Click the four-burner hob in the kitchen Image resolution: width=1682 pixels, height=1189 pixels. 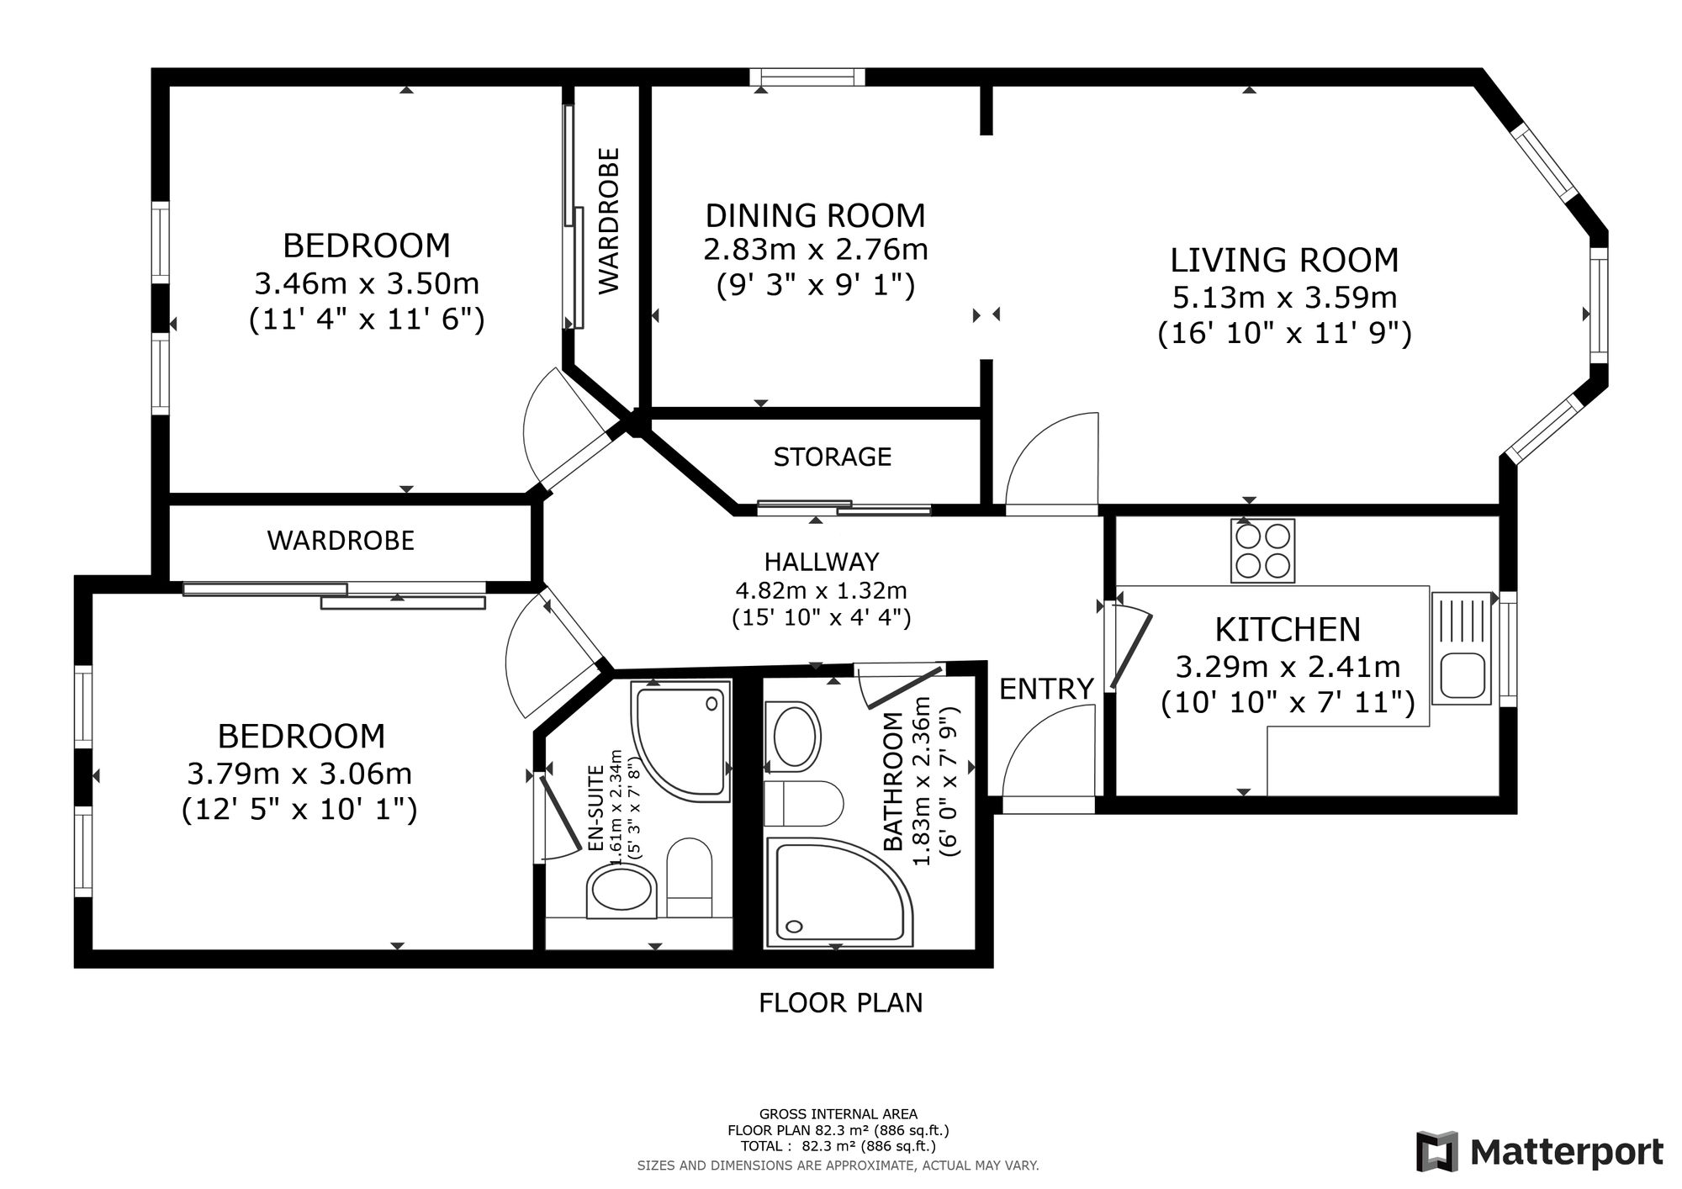tap(1262, 551)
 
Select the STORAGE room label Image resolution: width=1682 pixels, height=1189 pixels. tap(832, 457)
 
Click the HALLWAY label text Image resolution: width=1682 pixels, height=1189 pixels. tap(821, 561)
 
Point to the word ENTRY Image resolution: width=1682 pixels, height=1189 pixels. tap(1046, 689)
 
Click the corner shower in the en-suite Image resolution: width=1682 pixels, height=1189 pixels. tap(680, 740)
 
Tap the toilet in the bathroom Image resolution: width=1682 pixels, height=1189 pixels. tap(803, 804)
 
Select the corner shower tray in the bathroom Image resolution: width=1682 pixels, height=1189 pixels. tap(841, 891)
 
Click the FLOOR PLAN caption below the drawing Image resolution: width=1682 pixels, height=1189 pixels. tap(840, 1003)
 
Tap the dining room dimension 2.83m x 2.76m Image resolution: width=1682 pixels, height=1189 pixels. tap(815, 250)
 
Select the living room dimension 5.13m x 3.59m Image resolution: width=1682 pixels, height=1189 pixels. tap(1285, 297)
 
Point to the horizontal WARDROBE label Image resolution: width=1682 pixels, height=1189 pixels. tap(341, 540)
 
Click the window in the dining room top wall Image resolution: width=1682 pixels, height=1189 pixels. tap(807, 77)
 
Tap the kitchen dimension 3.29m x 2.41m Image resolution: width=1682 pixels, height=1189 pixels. tap(1288, 667)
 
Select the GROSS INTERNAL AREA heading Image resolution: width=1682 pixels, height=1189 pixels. tap(838, 1114)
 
